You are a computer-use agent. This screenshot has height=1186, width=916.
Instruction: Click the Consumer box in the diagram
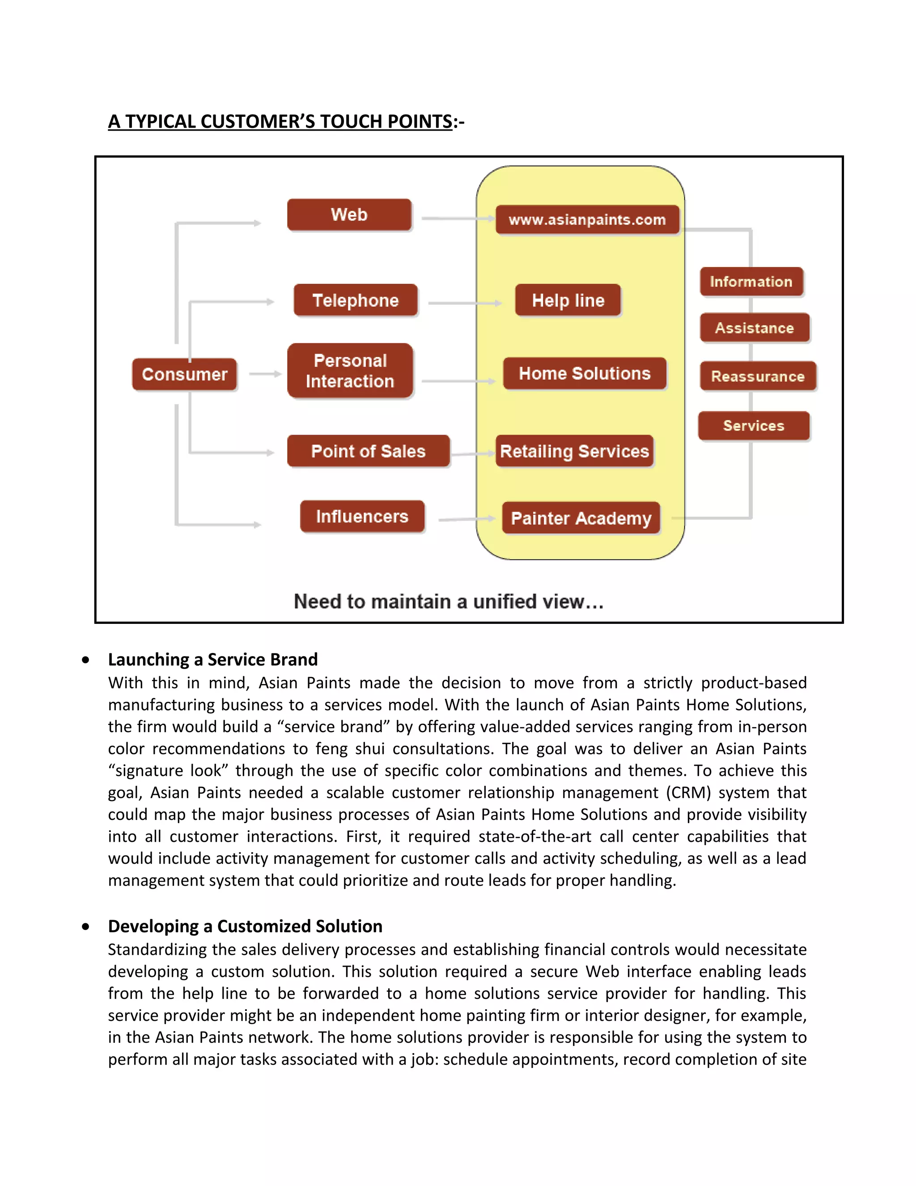point(185,374)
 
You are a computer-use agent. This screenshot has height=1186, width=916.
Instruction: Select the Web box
point(349,214)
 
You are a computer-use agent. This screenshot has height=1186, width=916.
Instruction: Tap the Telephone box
point(356,300)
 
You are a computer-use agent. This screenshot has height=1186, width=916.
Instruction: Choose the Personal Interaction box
point(350,371)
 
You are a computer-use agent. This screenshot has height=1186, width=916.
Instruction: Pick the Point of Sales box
point(368,451)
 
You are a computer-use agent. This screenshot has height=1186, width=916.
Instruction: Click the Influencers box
point(362,516)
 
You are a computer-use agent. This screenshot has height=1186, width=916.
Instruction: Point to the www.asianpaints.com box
point(587,220)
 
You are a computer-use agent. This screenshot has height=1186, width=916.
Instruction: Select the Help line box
point(568,300)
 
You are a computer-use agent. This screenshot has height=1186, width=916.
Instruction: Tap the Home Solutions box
point(585,373)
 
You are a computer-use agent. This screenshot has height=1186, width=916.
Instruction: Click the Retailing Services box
point(574,451)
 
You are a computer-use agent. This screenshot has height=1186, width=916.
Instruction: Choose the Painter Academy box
point(581,518)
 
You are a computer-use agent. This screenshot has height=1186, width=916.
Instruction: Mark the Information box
point(751,282)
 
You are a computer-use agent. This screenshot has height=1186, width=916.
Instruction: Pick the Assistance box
point(754,328)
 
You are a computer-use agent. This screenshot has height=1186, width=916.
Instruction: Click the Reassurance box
point(758,376)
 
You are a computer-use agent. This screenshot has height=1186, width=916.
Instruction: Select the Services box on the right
point(754,425)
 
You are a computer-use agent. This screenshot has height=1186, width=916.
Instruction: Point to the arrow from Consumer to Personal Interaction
point(265,374)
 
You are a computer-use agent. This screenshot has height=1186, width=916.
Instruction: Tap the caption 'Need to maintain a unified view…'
point(448,601)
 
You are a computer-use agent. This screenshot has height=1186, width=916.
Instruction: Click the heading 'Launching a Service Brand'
point(213,659)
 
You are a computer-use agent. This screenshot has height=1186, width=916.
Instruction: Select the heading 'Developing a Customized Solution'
point(245,926)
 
